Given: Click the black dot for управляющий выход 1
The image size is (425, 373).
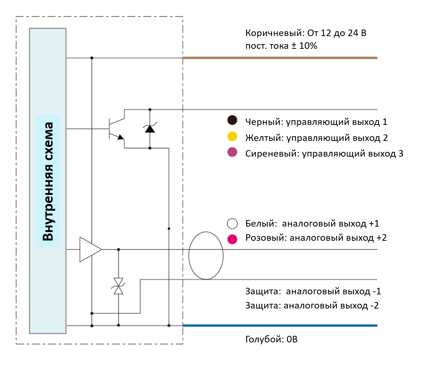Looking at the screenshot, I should (x=232, y=120).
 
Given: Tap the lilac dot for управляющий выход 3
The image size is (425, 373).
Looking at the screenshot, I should (x=232, y=153).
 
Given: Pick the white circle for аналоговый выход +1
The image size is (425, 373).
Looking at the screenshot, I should (x=232, y=223).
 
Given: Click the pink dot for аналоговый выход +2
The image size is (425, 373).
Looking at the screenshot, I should (x=232, y=239).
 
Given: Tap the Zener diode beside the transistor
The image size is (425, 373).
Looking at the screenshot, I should (x=150, y=128).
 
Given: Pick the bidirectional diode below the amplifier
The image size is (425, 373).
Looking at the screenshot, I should (x=118, y=286).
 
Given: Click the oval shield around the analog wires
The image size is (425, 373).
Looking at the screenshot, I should (x=206, y=255).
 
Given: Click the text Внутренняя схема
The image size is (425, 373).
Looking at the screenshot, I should (x=48, y=181).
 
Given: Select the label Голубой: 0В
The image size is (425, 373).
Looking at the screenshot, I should (x=271, y=340).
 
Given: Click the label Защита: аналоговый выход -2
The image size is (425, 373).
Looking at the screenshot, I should (x=312, y=305).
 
